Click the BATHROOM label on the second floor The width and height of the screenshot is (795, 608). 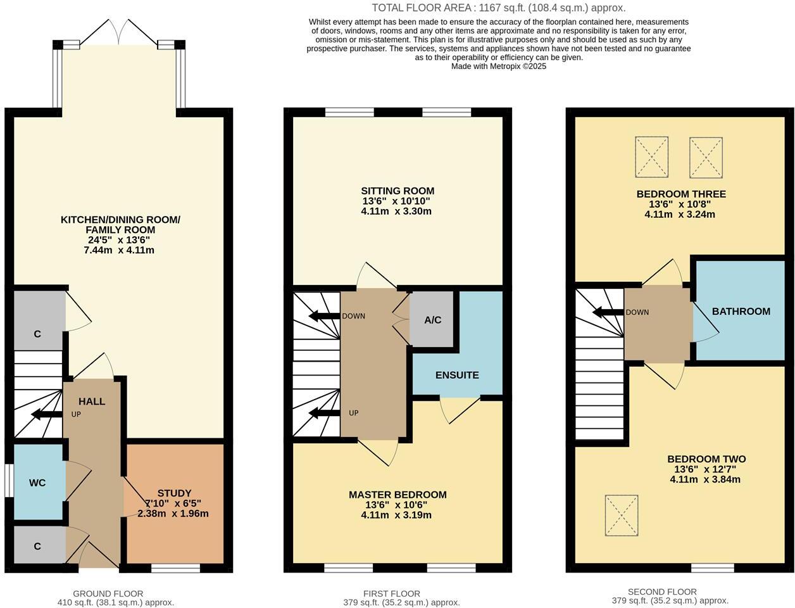[741, 312]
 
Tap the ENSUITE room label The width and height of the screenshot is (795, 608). [457, 375]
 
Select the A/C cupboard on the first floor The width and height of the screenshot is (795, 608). [433, 320]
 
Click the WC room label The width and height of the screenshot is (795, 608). [37, 483]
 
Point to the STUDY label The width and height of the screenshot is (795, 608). [174, 493]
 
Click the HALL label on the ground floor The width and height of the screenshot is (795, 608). [92, 402]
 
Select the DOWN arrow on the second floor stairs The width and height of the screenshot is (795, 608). [608, 312]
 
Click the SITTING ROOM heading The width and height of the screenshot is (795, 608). [398, 191]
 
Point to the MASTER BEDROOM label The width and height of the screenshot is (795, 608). [398, 495]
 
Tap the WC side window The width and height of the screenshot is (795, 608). [8, 482]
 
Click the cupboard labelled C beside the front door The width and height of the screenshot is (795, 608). [38, 546]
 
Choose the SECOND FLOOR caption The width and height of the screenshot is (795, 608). [662, 592]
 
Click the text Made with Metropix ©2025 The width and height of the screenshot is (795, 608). [498, 66]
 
